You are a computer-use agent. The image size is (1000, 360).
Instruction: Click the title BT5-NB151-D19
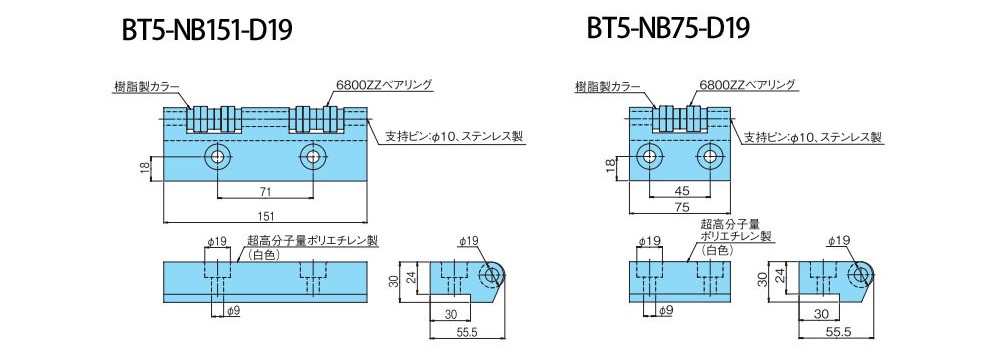tap(207, 30)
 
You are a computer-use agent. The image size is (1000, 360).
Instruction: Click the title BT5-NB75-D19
tap(668, 28)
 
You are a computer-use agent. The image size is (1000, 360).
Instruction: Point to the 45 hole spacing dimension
tap(679, 190)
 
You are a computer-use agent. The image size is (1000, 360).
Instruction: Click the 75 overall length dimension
tap(679, 206)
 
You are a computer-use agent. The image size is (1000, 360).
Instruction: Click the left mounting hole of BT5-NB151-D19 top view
tap(217, 156)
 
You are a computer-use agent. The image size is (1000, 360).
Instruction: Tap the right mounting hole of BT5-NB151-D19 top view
tap(312, 156)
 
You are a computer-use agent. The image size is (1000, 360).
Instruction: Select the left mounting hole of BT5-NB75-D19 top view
tap(649, 156)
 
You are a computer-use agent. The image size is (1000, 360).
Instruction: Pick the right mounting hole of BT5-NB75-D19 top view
tap(709, 156)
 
